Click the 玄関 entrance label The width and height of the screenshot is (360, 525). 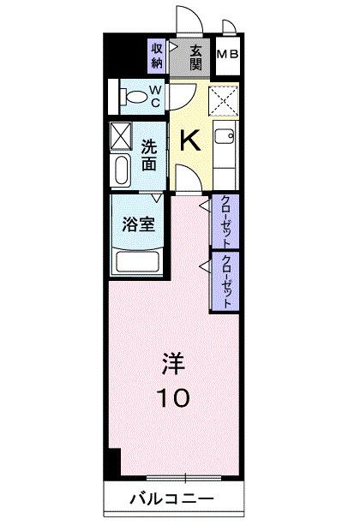click(197, 57)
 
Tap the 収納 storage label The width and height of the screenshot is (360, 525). click(157, 56)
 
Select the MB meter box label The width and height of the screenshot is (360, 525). click(228, 57)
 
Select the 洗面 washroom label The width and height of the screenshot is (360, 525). click(149, 153)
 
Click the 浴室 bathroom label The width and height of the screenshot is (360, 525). click(137, 225)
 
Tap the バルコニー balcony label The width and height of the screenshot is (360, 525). click(171, 498)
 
